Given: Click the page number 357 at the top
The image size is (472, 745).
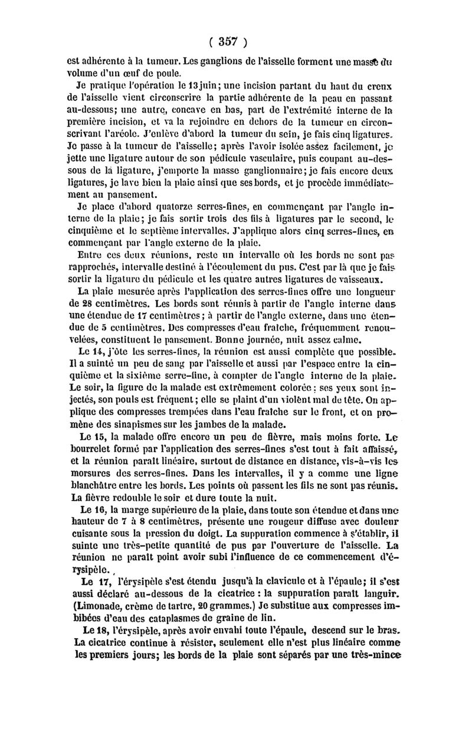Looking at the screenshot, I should [228, 42].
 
